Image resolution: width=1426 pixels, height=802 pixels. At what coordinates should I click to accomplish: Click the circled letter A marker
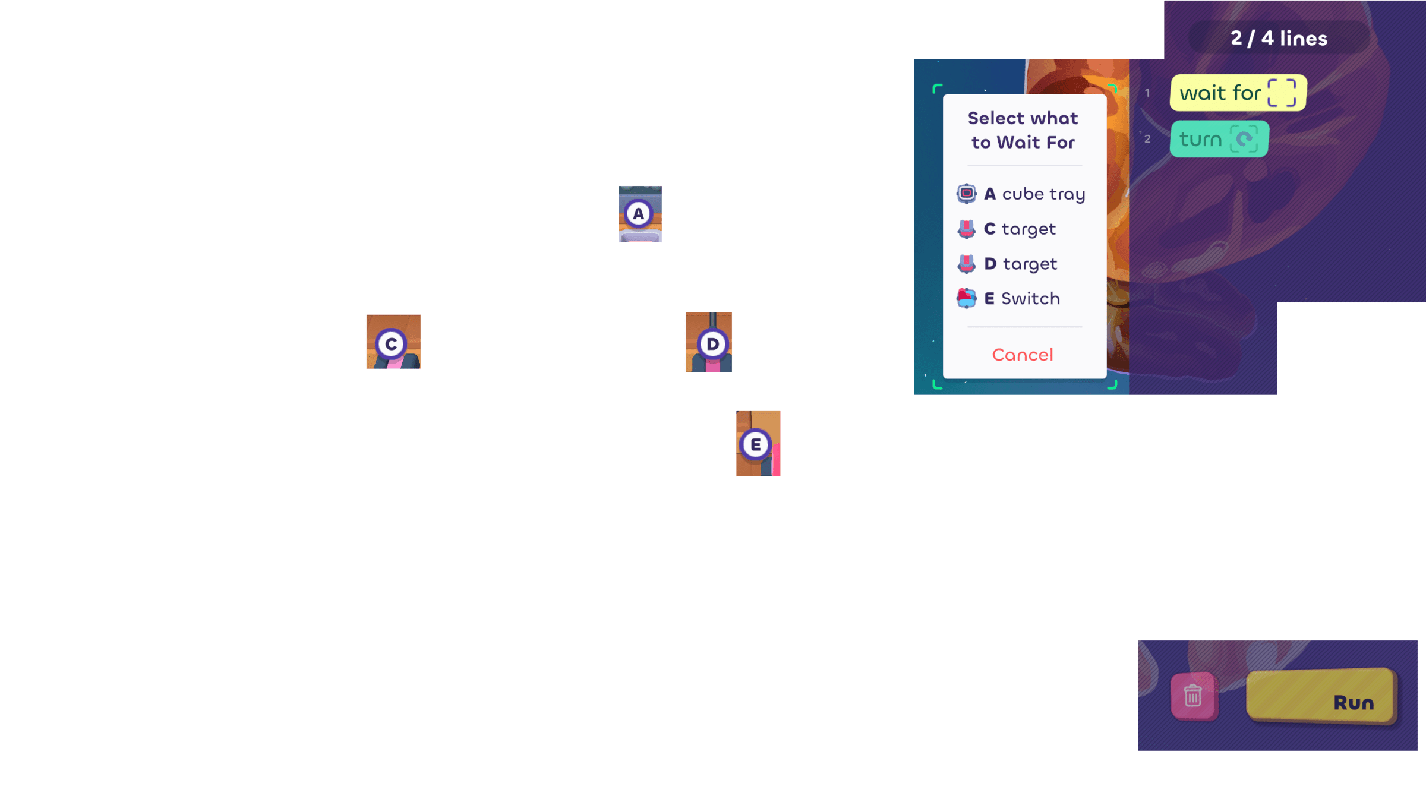[x=639, y=214]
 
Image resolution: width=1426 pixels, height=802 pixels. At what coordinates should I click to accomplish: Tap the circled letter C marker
[x=391, y=344]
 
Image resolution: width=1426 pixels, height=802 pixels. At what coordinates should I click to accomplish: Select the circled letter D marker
[x=712, y=344]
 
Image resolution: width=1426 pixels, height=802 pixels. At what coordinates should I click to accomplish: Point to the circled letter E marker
[x=755, y=444]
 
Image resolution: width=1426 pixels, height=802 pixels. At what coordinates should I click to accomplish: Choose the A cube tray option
[x=1034, y=194]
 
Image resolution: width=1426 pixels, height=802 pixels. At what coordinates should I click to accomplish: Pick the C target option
[x=1020, y=229]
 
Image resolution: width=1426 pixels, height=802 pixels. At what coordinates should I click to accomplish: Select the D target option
[x=1020, y=264]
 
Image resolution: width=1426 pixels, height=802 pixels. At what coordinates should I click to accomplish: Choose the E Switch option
[x=1022, y=299]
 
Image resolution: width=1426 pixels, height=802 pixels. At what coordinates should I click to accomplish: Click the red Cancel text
[x=1023, y=355]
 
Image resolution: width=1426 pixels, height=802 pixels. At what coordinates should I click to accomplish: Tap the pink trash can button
[x=1193, y=696]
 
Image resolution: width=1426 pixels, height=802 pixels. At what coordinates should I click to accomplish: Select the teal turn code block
[x=1200, y=140]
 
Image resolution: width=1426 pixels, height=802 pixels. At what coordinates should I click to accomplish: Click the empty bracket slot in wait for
[x=1282, y=93]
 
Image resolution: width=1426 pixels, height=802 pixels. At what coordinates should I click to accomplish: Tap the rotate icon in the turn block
[x=1244, y=140]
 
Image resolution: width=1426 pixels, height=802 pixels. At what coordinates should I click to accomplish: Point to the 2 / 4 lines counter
[x=1279, y=39]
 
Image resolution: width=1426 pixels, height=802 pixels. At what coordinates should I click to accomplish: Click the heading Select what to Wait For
[x=1023, y=130]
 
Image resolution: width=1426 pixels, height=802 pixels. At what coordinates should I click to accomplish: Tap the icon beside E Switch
[x=966, y=298]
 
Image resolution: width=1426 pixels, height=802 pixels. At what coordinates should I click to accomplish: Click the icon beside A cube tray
[x=966, y=194]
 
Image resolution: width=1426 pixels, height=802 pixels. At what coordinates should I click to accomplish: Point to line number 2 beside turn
[x=1147, y=139]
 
